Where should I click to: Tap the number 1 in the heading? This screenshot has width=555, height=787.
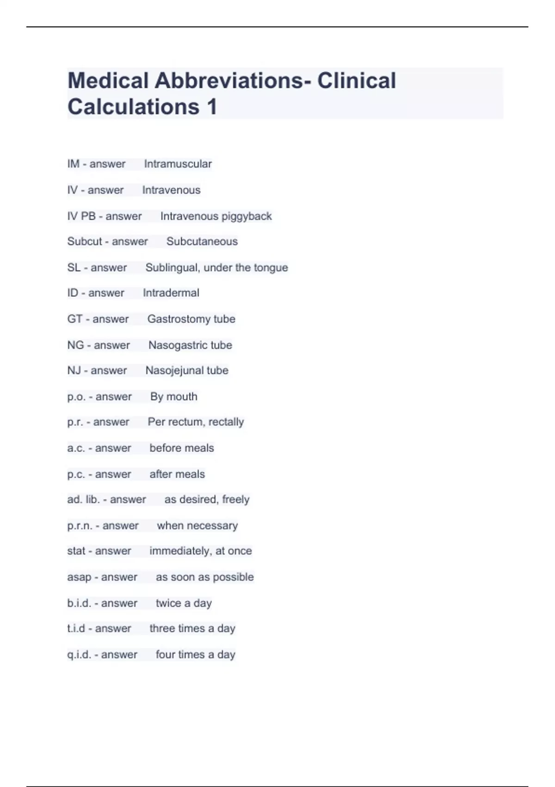click(x=212, y=107)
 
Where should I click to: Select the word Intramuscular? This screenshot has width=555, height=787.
click(x=178, y=164)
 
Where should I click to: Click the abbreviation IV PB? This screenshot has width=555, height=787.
click(x=81, y=216)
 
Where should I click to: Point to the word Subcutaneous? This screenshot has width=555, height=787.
click(x=202, y=241)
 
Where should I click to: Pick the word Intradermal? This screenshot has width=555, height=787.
click(x=171, y=293)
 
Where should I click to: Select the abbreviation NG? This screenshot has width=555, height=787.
click(x=75, y=345)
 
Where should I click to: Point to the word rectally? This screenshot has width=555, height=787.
click(x=226, y=422)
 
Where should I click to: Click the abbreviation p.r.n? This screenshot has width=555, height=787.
click(x=80, y=525)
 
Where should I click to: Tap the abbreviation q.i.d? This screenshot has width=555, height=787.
click(x=79, y=655)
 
